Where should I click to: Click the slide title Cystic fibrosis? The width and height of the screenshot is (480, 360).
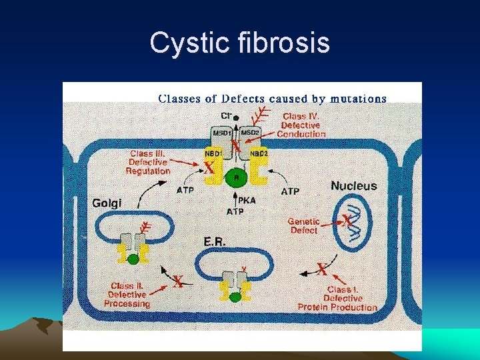pyautogui.click(x=240, y=43)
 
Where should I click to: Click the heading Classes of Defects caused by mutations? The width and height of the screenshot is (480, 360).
pyautogui.click(x=272, y=99)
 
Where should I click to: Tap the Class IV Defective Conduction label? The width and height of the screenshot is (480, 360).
pyautogui.click(x=301, y=125)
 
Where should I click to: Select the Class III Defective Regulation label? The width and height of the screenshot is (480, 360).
pyautogui.click(x=148, y=162)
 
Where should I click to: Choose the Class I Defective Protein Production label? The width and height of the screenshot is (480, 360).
pyautogui.click(x=337, y=299)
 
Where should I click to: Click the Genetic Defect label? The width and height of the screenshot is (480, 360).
pyautogui.click(x=304, y=225)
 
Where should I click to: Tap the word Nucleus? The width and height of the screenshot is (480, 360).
pyautogui.click(x=354, y=186)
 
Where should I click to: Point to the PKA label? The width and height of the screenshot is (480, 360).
pyautogui.click(x=247, y=200)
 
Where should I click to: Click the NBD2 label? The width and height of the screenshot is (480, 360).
pyautogui.click(x=259, y=153)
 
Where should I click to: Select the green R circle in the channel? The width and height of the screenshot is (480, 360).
pyautogui.click(x=234, y=177)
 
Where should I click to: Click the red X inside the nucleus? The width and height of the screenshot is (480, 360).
pyautogui.click(x=347, y=220)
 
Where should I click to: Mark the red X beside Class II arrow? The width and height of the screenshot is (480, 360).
pyautogui.click(x=177, y=282)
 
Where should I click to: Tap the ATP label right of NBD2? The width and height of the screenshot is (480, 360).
pyautogui.click(x=290, y=191)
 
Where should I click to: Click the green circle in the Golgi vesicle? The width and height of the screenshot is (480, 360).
pyautogui.click(x=133, y=259)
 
